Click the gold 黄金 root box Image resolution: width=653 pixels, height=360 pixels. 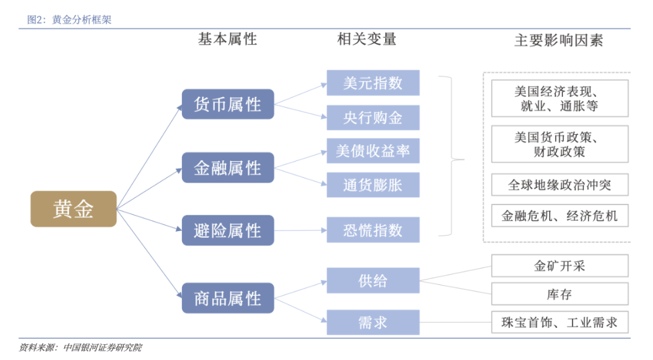click(73, 209)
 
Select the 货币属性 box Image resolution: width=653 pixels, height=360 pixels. click(228, 105)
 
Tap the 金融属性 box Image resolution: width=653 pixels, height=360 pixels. click(228, 168)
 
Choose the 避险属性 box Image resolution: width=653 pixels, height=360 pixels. click(228, 231)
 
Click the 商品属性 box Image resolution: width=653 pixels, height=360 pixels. click(228, 298)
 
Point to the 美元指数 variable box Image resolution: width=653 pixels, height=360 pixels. click(373, 83)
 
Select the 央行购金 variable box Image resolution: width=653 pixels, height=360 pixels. click(373, 117)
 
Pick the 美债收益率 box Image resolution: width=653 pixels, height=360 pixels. click(373, 151)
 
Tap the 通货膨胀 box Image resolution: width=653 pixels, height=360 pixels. click(373, 185)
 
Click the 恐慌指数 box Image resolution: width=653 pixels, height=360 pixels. click(373, 230)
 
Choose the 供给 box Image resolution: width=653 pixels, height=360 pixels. click(373, 281)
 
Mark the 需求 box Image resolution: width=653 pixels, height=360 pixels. click(373, 322)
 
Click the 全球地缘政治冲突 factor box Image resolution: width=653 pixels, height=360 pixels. click(559, 185)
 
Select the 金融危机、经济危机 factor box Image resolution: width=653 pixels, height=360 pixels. click(559, 216)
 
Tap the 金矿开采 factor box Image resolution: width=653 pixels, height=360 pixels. click(559, 266)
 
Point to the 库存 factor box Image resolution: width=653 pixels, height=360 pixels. click(559, 294)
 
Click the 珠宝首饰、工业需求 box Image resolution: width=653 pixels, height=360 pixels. click(559, 322)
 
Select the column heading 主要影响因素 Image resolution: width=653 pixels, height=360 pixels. click(558, 41)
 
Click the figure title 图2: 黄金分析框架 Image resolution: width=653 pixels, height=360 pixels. click(69, 19)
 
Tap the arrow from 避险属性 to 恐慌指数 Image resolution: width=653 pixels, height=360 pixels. click(300, 230)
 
